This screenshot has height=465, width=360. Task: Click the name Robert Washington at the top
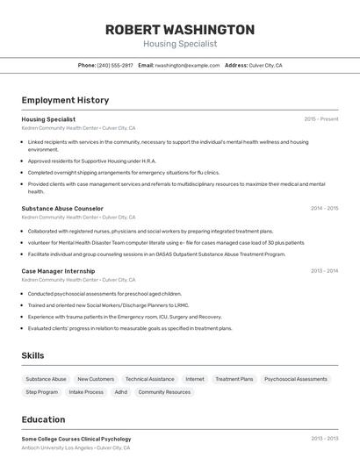pyautogui.click(x=180, y=29)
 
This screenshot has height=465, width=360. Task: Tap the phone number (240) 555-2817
pyautogui.click(x=115, y=65)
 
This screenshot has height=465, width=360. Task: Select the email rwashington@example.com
pyautogui.click(x=187, y=65)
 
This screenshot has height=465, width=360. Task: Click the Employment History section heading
pyautogui.click(x=65, y=100)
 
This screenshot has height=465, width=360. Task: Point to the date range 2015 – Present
pyautogui.click(x=321, y=118)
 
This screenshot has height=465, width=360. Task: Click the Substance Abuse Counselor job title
pyautogui.click(x=62, y=208)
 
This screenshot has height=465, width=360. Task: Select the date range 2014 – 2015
pyautogui.click(x=324, y=208)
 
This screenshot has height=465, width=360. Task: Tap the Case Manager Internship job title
pyautogui.click(x=58, y=271)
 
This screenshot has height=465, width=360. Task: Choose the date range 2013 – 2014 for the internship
pyautogui.click(x=324, y=271)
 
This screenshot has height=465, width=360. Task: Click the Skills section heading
pyautogui.click(x=33, y=355)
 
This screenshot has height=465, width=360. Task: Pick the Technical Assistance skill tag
pyautogui.click(x=149, y=379)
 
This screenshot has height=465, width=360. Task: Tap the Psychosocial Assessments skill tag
pyautogui.click(x=295, y=379)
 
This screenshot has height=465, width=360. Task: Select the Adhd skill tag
pyautogui.click(x=120, y=392)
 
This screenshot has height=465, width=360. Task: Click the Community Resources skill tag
pyautogui.click(x=164, y=392)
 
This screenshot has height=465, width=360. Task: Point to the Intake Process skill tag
pyautogui.click(x=86, y=392)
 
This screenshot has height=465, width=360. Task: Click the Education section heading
pyautogui.click(x=43, y=419)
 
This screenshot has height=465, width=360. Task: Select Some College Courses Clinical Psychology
pyautogui.click(x=76, y=439)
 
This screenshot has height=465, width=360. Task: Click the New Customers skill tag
pyautogui.click(x=96, y=379)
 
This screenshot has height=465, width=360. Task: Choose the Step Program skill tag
pyautogui.click(x=42, y=392)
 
